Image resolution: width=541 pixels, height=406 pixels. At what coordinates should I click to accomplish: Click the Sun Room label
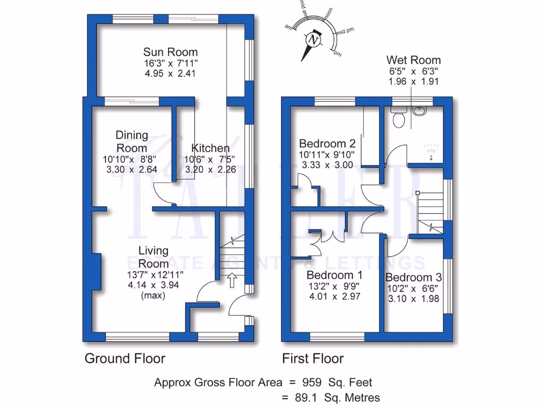coord(170,52)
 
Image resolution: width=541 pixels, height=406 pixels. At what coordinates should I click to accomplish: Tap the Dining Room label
coord(132,142)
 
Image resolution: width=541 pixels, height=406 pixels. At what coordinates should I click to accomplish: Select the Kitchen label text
coord(210,148)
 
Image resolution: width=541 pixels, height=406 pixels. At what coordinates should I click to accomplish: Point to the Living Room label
coord(153,256)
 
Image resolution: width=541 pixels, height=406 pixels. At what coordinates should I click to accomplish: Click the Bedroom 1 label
coord(334,275)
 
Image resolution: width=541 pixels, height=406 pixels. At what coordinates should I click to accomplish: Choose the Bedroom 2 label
coord(327,144)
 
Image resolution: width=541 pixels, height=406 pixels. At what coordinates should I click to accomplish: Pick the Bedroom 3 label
coord(413,278)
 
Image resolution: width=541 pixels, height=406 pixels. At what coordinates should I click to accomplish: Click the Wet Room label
coord(413,60)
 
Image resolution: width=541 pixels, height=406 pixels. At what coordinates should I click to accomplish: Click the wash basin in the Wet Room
coord(420,112)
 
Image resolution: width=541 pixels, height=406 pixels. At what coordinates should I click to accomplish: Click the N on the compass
coord(314,40)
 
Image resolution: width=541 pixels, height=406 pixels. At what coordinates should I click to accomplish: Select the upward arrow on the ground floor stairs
coord(231,280)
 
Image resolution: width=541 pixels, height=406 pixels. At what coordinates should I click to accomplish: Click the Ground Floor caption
coord(125,358)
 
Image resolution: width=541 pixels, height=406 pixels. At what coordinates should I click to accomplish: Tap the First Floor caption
coord(313,358)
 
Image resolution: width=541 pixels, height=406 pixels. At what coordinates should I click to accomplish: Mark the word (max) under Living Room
coord(153,296)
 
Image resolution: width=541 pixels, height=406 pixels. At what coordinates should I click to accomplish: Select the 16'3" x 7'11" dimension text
coord(170,63)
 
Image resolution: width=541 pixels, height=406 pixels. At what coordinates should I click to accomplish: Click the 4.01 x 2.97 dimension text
coord(334,297)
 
